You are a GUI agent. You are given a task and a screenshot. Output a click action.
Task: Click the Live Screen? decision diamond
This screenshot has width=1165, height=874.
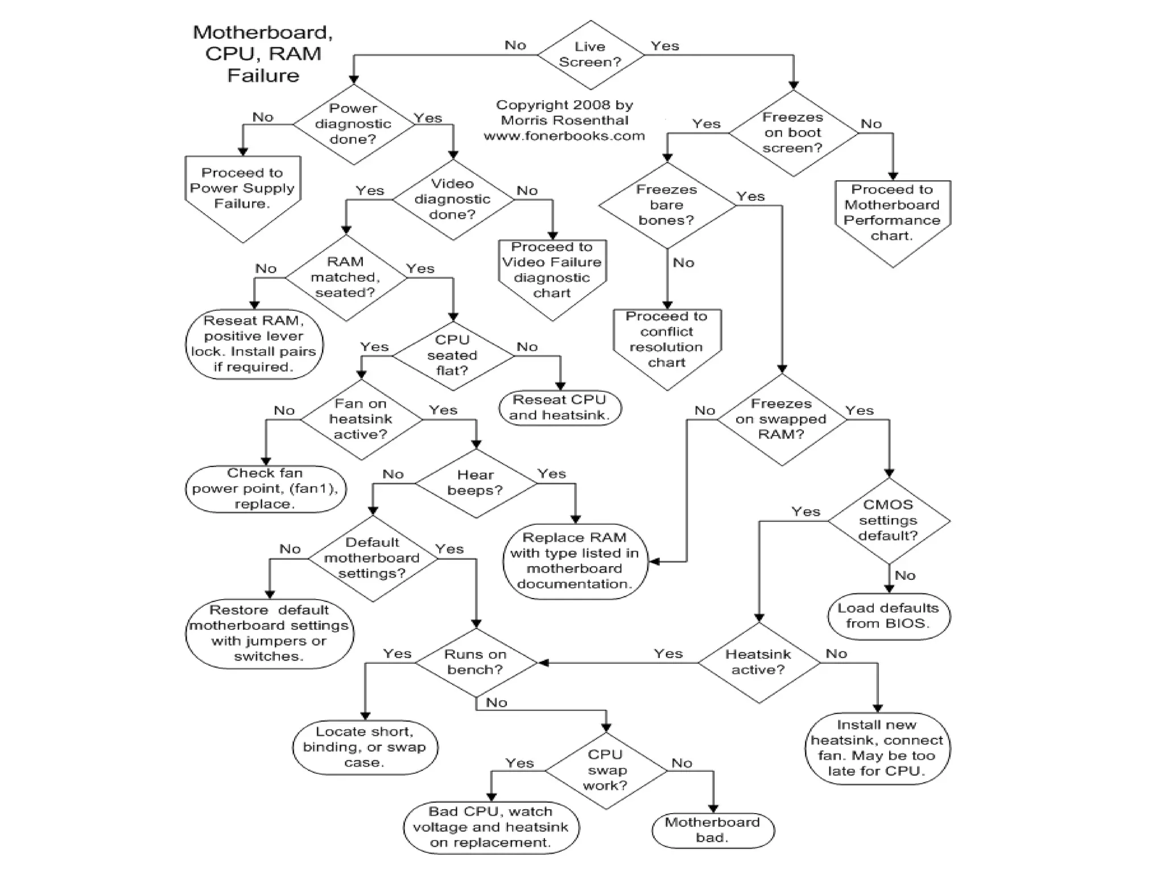pyautogui.click(x=590, y=55)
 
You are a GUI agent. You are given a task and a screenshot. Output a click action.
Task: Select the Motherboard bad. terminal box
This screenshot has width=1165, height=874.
pyautogui.click(x=712, y=830)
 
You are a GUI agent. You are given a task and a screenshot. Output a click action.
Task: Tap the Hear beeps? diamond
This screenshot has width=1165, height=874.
pyautogui.click(x=476, y=483)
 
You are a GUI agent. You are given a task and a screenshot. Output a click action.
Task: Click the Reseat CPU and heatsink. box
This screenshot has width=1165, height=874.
pyautogui.click(x=560, y=407)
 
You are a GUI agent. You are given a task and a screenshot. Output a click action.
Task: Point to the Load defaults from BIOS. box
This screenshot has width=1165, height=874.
pyautogui.click(x=888, y=616)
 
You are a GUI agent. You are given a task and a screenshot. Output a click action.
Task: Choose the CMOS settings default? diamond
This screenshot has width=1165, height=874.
pyautogui.click(x=888, y=520)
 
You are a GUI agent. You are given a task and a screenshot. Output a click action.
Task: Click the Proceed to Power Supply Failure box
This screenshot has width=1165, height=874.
pyautogui.click(x=242, y=191)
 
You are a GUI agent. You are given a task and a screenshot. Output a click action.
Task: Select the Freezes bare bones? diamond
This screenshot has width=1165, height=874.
pyautogui.click(x=667, y=205)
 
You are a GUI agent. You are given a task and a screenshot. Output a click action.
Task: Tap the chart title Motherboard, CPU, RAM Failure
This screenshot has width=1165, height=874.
pyautogui.click(x=263, y=53)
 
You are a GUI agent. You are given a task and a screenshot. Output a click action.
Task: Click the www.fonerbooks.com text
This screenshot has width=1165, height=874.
pyautogui.click(x=564, y=136)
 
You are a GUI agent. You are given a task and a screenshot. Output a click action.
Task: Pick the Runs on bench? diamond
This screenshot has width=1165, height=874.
pyautogui.click(x=476, y=662)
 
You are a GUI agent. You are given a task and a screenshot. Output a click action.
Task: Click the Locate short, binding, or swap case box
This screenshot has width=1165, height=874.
pyautogui.click(x=365, y=747)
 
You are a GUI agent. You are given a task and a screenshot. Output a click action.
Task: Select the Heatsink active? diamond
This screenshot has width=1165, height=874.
pyautogui.click(x=758, y=662)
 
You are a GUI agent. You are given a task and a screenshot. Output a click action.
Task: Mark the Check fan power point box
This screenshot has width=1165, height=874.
pyautogui.click(x=265, y=488)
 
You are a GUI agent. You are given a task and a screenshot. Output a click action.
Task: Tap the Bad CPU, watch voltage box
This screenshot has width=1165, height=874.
pyautogui.click(x=490, y=827)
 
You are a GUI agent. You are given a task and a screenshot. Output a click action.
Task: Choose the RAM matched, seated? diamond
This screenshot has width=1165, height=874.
pyautogui.click(x=345, y=277)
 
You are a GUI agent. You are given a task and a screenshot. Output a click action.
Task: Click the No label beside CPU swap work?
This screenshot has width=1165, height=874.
pyautogui.click(x=681, y=763)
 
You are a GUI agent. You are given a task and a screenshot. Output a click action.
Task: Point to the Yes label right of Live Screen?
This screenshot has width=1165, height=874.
pyautogui.click(x=664, y=46)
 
